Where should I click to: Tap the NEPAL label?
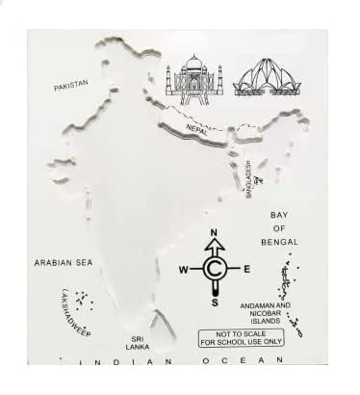198,126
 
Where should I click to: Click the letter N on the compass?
217,233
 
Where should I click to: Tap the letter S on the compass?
217,303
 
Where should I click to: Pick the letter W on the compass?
181,269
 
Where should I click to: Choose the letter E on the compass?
248,269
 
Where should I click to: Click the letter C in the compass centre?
217,268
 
